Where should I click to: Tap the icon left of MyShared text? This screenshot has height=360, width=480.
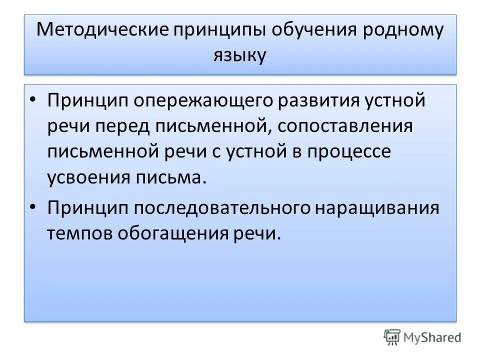(x=392, y=337)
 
